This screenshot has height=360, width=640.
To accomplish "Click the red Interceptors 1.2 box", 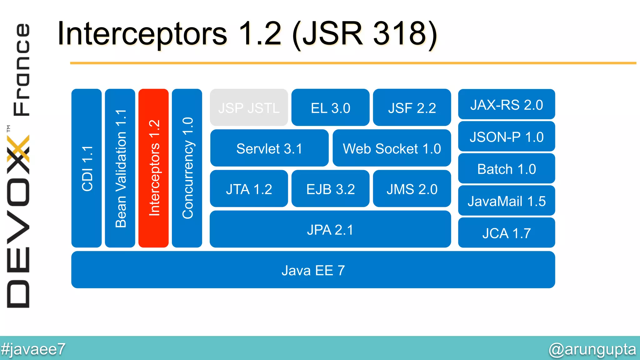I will pyautogui.click(x=153, y=168).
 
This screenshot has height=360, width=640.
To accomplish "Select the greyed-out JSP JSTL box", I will pyautogui.click(x=249, y=107).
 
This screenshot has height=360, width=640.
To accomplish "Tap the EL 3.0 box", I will pyautogui.click(x=330, y=107).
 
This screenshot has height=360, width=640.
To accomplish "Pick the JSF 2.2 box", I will pyautogui.click(x=412, y=107).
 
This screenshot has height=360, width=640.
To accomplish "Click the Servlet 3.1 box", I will pyautogui.click(x=269, y=148).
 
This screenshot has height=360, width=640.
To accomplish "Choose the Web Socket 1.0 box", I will pyautogui.click(x=392, y=148).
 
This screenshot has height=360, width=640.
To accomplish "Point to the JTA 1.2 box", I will pyautogui.click(x=249, y=189).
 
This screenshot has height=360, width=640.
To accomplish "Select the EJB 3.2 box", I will pyautogui.click(x=330, y=189).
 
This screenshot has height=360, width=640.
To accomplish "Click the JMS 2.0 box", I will pyautogui.click(x=412, y=189).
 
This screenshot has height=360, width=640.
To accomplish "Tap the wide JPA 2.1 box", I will pyautogui.click(x=330, y=229).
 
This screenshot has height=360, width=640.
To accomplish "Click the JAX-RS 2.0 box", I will pyautogui.click(x=506, y=104).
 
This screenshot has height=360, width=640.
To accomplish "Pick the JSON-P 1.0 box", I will pyautogui.click(x=506, y=137).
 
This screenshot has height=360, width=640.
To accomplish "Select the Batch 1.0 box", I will pyautogui.click(x=506, y=169).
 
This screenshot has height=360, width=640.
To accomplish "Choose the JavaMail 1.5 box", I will pyautogui.click(x=506, y=201).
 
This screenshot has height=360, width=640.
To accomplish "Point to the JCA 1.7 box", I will pyautogui.click(x=506, y=233).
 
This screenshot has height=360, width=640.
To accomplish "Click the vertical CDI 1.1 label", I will pyautogui.click(x=87, y=168).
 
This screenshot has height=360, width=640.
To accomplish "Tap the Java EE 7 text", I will pyautogui.click(x=313, y=270).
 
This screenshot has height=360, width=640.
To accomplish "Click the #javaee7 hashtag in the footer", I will pyautogui.click(x=33, y=349).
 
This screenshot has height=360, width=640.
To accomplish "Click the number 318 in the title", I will pyautogui.click(x=400, y=33).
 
